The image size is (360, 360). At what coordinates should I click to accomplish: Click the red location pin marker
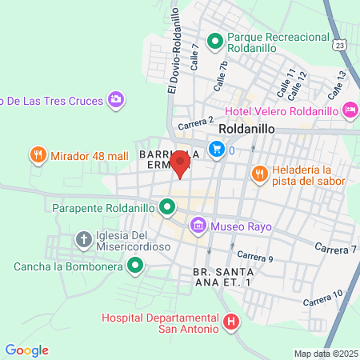coord(180,164)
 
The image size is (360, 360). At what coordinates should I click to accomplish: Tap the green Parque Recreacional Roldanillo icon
coord(215,40)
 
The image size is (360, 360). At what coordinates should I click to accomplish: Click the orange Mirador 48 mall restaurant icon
coord(37,154)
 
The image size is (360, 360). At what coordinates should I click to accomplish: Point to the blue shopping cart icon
coord(216,148)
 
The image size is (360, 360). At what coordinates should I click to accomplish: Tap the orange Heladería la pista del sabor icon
coord(259,173)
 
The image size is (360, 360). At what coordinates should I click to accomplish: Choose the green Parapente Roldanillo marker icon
coord(167,208)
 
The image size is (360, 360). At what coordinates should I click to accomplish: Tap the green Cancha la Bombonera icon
coord(135,265)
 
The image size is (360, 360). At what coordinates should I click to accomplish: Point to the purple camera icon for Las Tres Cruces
coord(117,99)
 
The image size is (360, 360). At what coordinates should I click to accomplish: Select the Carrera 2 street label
coord(196,122)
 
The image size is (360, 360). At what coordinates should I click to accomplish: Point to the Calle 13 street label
coord(337,80)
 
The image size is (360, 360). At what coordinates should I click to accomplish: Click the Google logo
coord(26,350)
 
